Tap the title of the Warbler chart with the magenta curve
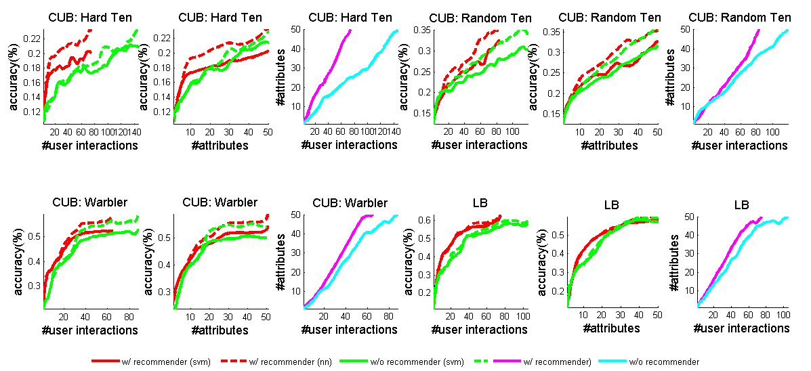[x=350, y=202]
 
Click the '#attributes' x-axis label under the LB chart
[x=610, y=328]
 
